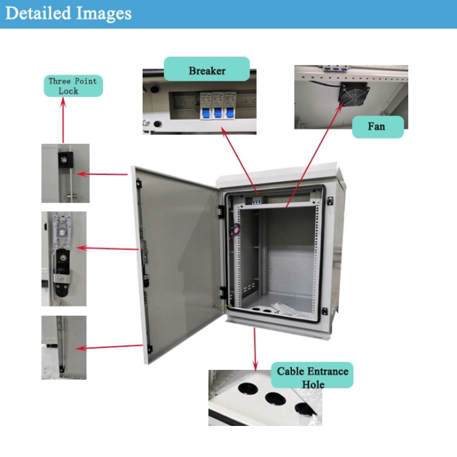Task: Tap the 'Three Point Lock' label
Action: [73, 86]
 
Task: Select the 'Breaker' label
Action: [207, 71]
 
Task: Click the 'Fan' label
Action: [377, 126]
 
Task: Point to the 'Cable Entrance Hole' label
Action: [312, 376]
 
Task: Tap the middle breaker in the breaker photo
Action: [217, 104]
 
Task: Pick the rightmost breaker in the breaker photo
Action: [230, 104]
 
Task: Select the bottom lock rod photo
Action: [63, 347]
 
